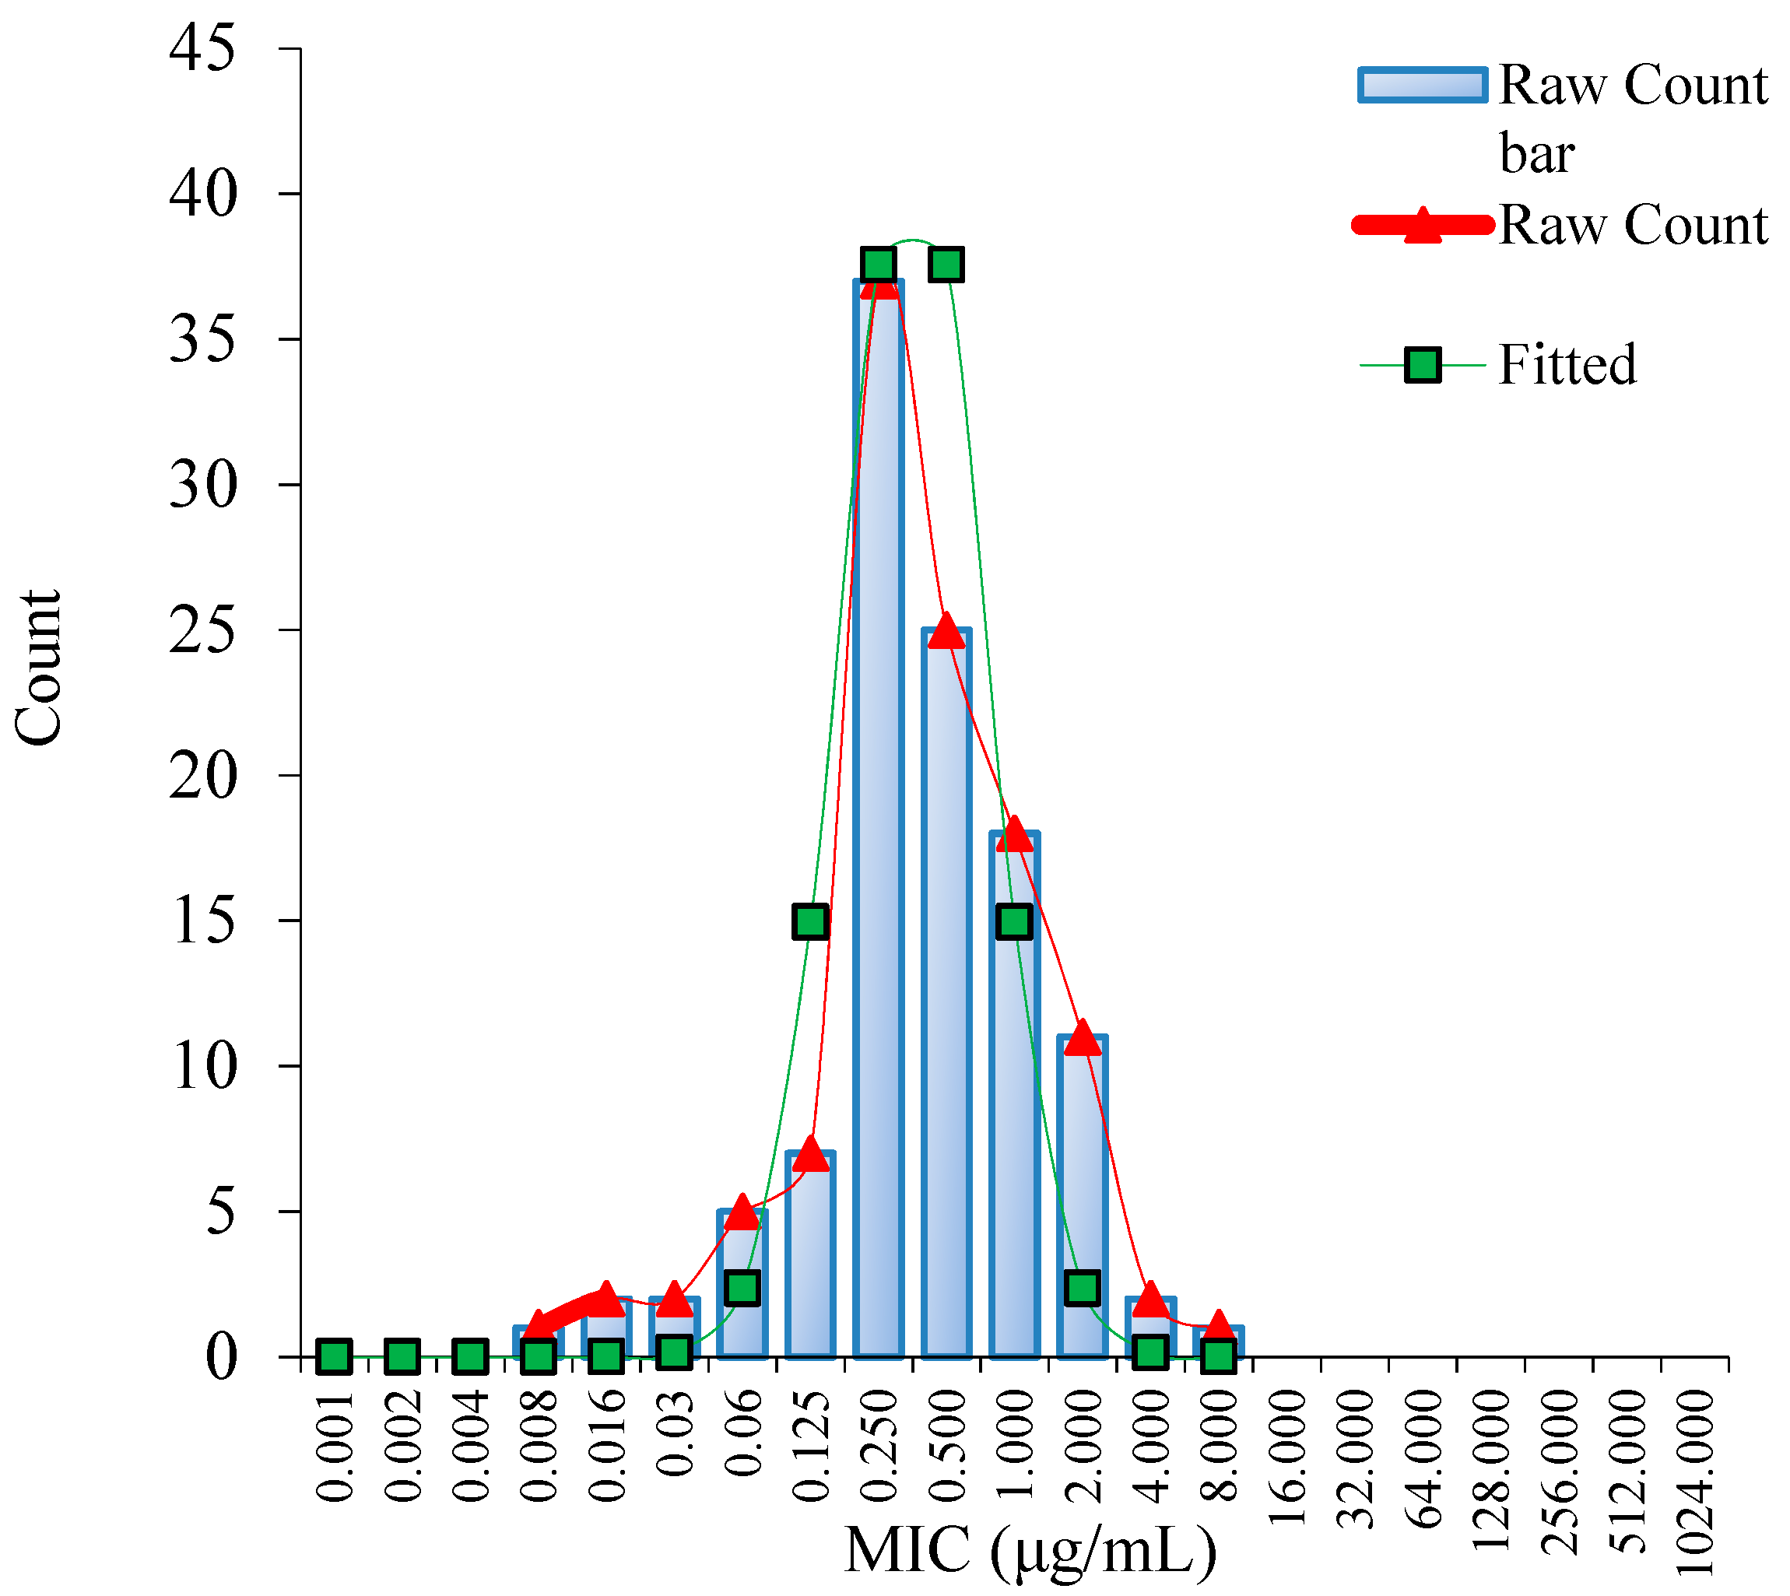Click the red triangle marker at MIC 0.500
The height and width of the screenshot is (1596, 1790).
[x=946, y=631]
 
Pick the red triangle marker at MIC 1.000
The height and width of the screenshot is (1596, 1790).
[x=1015, y=834]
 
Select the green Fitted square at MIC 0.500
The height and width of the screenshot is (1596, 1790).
[x=946, y=264]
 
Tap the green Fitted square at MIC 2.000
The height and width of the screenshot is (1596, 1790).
[x=1083, y=1288]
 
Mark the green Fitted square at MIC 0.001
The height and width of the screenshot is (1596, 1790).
[x=334, y=1356]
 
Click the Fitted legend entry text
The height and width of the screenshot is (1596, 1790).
[x=1567, y=365]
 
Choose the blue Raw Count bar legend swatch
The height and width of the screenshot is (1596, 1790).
[x=1422, y=85]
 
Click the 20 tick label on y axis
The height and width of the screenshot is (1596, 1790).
[x=202, y=775]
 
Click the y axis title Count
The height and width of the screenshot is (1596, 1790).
[x=39, y=668]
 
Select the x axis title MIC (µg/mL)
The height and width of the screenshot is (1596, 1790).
[x=1030, y=1550]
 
